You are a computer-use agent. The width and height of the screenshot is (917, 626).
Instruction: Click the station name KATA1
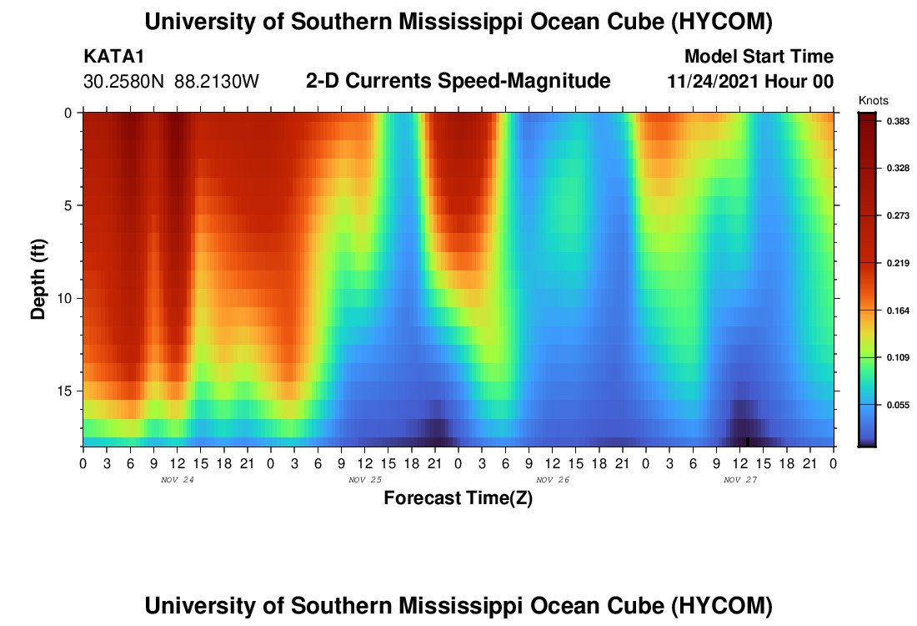tap(113, 56)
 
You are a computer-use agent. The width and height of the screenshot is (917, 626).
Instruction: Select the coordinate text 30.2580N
tap(123, 82)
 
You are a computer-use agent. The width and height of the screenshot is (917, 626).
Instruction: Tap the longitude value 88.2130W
tap(217, 82)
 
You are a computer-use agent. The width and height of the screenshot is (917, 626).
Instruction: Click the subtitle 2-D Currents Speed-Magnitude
tap(458, 81)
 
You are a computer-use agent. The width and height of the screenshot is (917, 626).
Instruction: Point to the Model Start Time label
tap(759, 56)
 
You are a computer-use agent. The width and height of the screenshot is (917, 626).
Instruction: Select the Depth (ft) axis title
tap(38, 280)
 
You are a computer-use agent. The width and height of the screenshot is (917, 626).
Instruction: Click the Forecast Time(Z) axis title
tap(458, 497)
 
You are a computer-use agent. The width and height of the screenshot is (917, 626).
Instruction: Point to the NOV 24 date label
tap(178, 480)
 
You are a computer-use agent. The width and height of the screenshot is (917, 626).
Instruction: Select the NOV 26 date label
tap(553, 480)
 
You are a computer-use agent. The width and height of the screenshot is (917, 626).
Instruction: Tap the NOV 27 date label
tap(740, 480)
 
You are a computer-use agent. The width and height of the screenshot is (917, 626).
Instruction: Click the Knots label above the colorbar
tap(873, 101)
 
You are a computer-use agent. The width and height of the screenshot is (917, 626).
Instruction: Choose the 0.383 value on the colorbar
tap(898, 121)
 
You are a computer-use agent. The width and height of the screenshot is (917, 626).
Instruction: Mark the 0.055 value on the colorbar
tap(898, 405)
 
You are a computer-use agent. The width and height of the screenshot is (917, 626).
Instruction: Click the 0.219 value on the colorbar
tap(898, 263)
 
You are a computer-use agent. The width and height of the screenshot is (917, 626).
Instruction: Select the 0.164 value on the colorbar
tap(898, 310)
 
